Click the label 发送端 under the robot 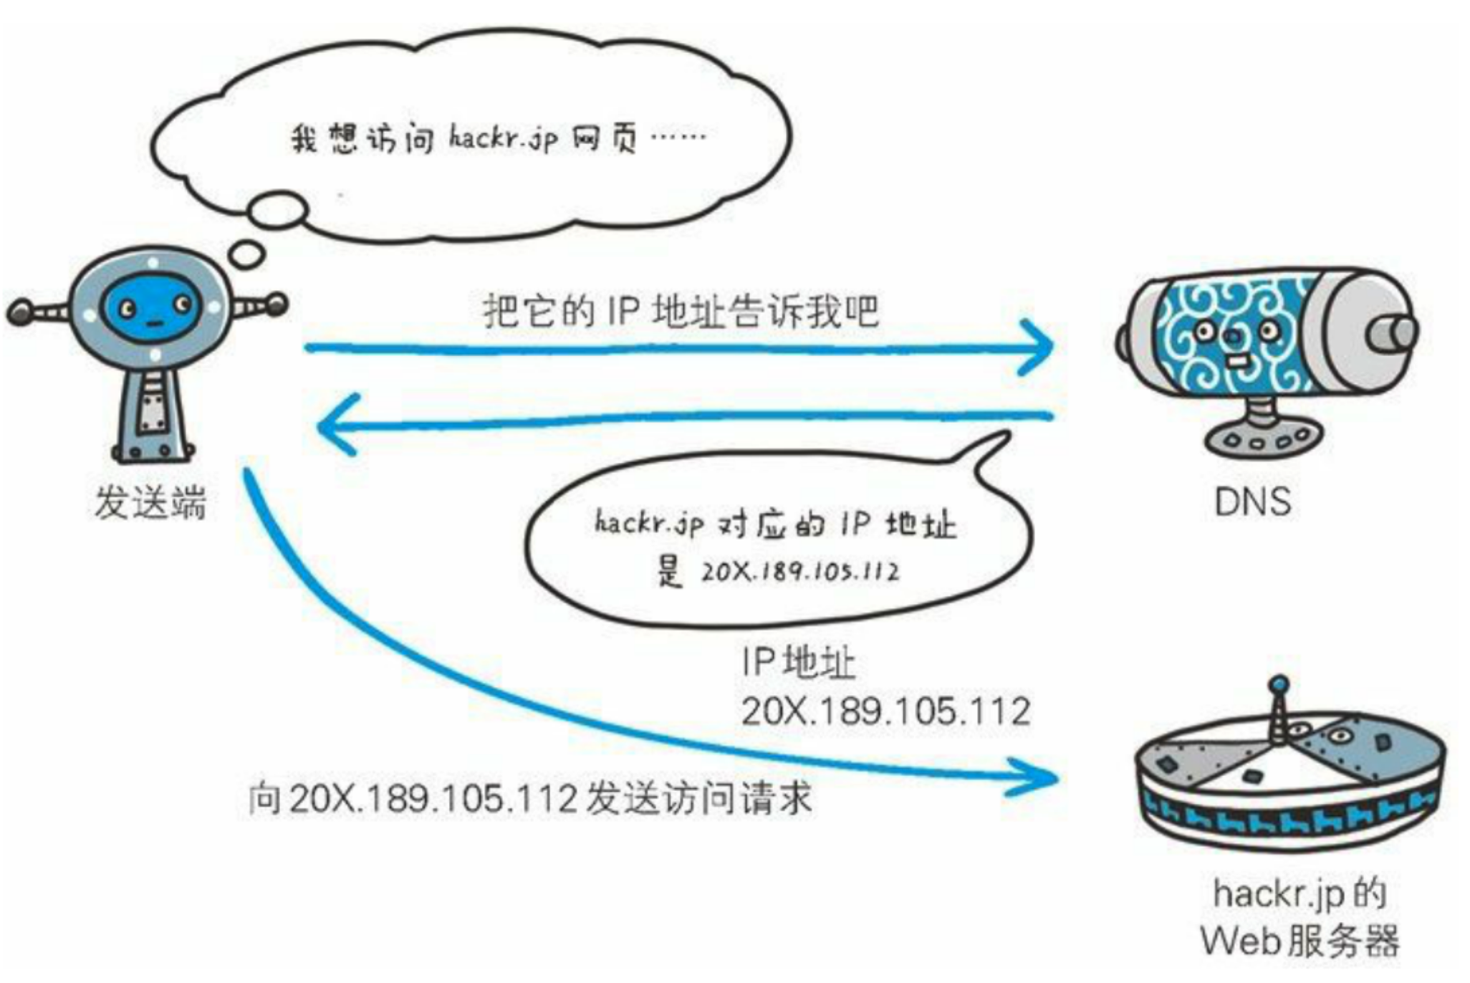pos(150,502)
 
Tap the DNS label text pos(1253,502)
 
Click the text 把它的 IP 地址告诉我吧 pos(681,312)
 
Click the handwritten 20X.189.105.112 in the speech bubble pos(799,572)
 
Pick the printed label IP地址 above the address pos(798,662)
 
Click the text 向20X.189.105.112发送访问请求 pos(530,798)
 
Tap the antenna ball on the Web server pos(1279,685)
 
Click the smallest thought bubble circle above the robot pos(248,254)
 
